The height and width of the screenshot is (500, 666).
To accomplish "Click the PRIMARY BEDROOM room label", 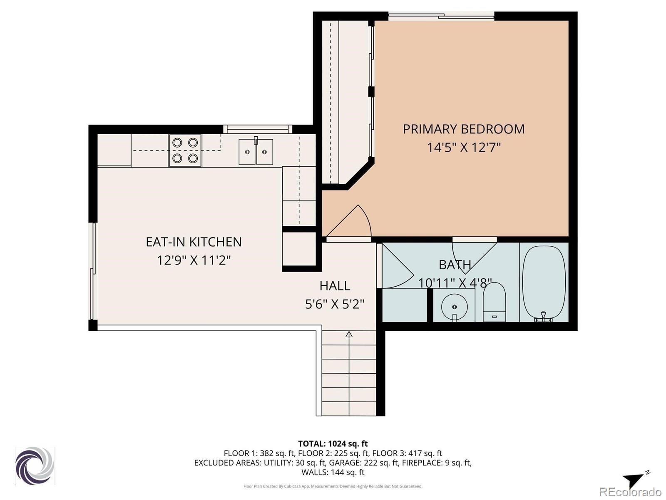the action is tap(464, 129).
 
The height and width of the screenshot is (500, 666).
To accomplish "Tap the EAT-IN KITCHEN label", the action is tap(194, 242).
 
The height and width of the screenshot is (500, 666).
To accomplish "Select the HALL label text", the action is tap(335, 286).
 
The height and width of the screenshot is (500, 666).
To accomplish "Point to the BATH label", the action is tap(455, 265).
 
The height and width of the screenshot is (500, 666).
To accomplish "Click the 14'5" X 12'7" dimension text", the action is tap(464, 147).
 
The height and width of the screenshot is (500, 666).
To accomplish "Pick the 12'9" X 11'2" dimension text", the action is tap(194, 260).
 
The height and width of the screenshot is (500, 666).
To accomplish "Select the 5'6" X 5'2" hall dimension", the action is tap(335, 304).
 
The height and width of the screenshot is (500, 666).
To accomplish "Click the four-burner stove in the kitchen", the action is tap(185, 150).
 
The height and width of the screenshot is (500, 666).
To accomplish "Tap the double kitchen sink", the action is tap(256, 152).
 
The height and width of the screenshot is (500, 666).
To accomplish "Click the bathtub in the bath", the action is tap(544, 283).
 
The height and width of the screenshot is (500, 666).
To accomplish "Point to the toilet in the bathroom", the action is tap(494, 301).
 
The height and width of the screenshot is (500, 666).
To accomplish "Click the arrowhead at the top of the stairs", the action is tap(349, 334).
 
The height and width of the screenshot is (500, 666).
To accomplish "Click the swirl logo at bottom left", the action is tap(35, 465).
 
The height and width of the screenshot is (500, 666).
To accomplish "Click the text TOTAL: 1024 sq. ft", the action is tap(333, 443).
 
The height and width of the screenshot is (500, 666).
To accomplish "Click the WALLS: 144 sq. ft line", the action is tap(333, 472).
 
